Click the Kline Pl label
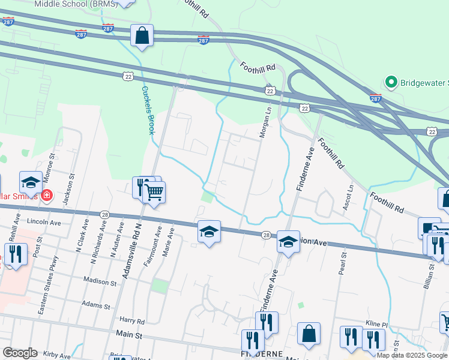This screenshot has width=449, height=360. tap(378, 324)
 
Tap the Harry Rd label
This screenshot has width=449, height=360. tap(133, 322)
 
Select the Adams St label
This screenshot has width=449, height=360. tap(97, 305)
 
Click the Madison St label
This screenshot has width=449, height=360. tap(100, 281)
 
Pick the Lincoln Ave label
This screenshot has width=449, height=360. tap(46, 221)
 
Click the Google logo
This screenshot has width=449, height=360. tap(20, 353)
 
